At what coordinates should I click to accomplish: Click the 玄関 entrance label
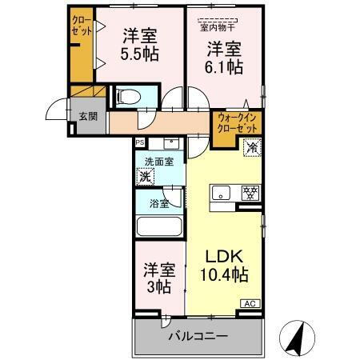tap(87, 115)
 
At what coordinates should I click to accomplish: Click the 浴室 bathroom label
tap(158, 203)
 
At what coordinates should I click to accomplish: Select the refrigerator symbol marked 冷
tap(252, 147)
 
